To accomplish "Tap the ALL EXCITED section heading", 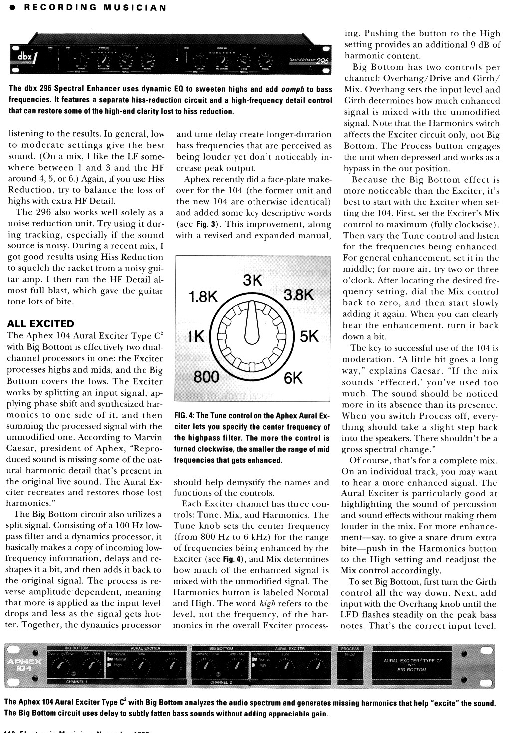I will coord(41,323).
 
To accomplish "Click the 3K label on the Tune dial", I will coord(253,281).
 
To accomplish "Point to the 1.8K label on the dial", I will coord(203,297).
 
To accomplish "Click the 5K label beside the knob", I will coord(309,336).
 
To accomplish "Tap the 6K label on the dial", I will coord(293,378).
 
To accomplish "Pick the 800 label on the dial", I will coord(206,376).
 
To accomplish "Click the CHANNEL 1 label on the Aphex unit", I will coord(77,681).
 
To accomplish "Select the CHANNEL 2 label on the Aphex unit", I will coord(222,681).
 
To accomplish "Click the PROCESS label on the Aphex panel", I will coord(351,649).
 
